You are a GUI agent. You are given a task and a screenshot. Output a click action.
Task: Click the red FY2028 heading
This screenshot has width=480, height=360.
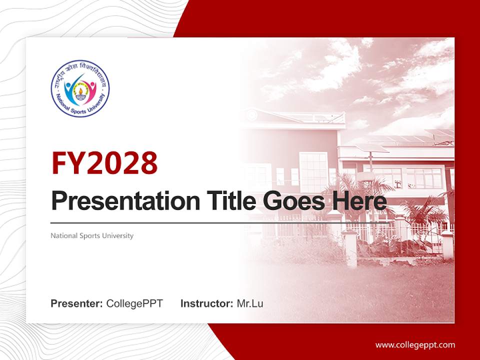pyautogui.click(x=104, y=163)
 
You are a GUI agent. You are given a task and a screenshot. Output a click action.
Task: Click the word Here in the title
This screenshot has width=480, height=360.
pyautogui.click(x=360, y=201)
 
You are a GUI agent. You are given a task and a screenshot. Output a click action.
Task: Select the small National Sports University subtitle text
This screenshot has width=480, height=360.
pyautogui.click(x=92, y=235)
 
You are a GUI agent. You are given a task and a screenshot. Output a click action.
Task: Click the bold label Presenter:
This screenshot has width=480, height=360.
pyautogui.click(x=77, y=303)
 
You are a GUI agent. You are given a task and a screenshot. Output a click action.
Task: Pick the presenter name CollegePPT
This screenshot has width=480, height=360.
pyautogui.click(x=134, y=303)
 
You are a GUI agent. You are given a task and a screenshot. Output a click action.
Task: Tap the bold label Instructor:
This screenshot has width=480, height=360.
pyautogui.click(x=206, y=303)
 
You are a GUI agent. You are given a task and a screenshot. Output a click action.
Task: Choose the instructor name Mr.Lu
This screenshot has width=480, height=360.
pyautogui.click(x=250, y=303)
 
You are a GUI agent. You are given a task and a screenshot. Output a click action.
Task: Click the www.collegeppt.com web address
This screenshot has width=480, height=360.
pyautogui.click(x=415, y=344)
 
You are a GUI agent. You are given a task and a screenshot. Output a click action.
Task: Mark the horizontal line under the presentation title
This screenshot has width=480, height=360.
pyautogui.click(x=200, y=222)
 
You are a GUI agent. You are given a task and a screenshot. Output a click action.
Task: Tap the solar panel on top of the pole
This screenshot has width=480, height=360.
pyautogui.click(x=370, y=148)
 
